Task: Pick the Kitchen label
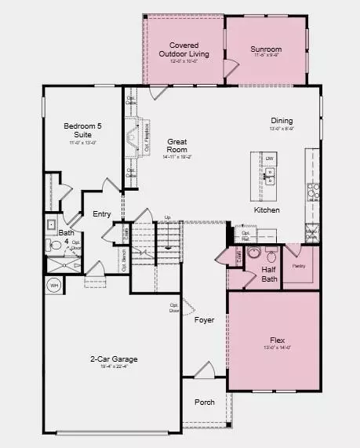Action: click(x=267, y=210)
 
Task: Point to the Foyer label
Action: click(x=205, y=319)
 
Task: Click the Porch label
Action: click(x=205, y=402)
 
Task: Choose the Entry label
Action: click(x=102, y=214)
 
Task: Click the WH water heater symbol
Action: click(x=54, y=286)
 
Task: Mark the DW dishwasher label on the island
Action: click(x=269, y=159)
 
